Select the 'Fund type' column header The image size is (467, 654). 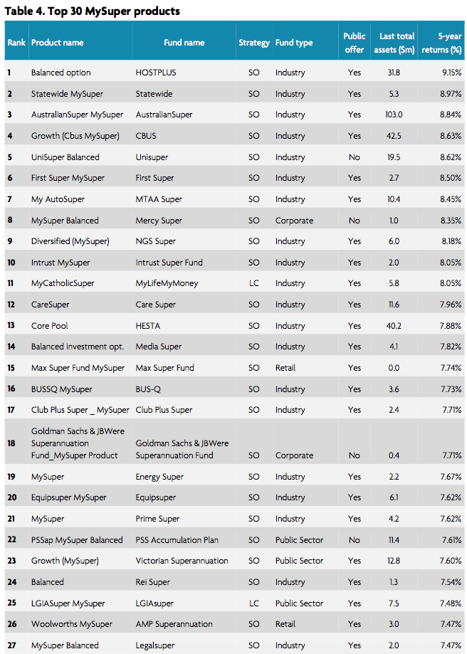(294, 43)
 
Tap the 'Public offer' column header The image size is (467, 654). (355, 42)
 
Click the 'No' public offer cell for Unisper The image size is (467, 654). (354, 157)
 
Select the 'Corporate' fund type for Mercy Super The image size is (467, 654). (294, 221)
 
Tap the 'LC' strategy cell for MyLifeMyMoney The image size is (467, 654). (253, 283)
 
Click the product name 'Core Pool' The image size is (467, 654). (50, 326)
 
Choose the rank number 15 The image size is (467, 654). (11, 368)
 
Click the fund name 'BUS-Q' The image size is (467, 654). (149, 389)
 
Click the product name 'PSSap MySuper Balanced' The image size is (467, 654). (77, 540)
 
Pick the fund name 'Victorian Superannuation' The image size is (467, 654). (182, 561)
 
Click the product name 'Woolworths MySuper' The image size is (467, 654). (71, 624)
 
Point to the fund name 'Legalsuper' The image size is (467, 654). (157, 645)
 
